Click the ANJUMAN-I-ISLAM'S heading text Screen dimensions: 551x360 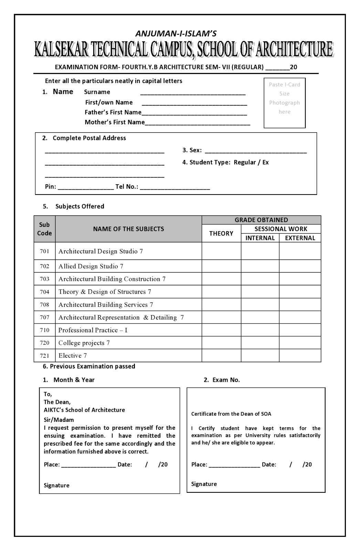point(176,33)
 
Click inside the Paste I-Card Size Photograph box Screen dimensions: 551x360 point(284,103)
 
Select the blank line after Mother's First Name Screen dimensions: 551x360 point(198,124)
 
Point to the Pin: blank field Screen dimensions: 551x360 point(86,188)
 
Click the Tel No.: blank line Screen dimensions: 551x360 point(175,188)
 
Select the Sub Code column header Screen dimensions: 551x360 point(44,229)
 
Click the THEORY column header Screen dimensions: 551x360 point(221,233)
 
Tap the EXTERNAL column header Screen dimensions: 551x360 point(300,238)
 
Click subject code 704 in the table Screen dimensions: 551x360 point(44,292)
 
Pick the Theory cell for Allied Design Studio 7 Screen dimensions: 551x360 point(221,266)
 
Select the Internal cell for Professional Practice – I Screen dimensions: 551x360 point(260,330)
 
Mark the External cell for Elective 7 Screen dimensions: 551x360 point(300,355)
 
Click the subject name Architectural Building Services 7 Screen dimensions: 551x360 point(106,305)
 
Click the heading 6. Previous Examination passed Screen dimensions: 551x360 point(89,366)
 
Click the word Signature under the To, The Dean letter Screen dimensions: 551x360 point(56,486)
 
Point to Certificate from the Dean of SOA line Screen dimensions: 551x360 point(231,414)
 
